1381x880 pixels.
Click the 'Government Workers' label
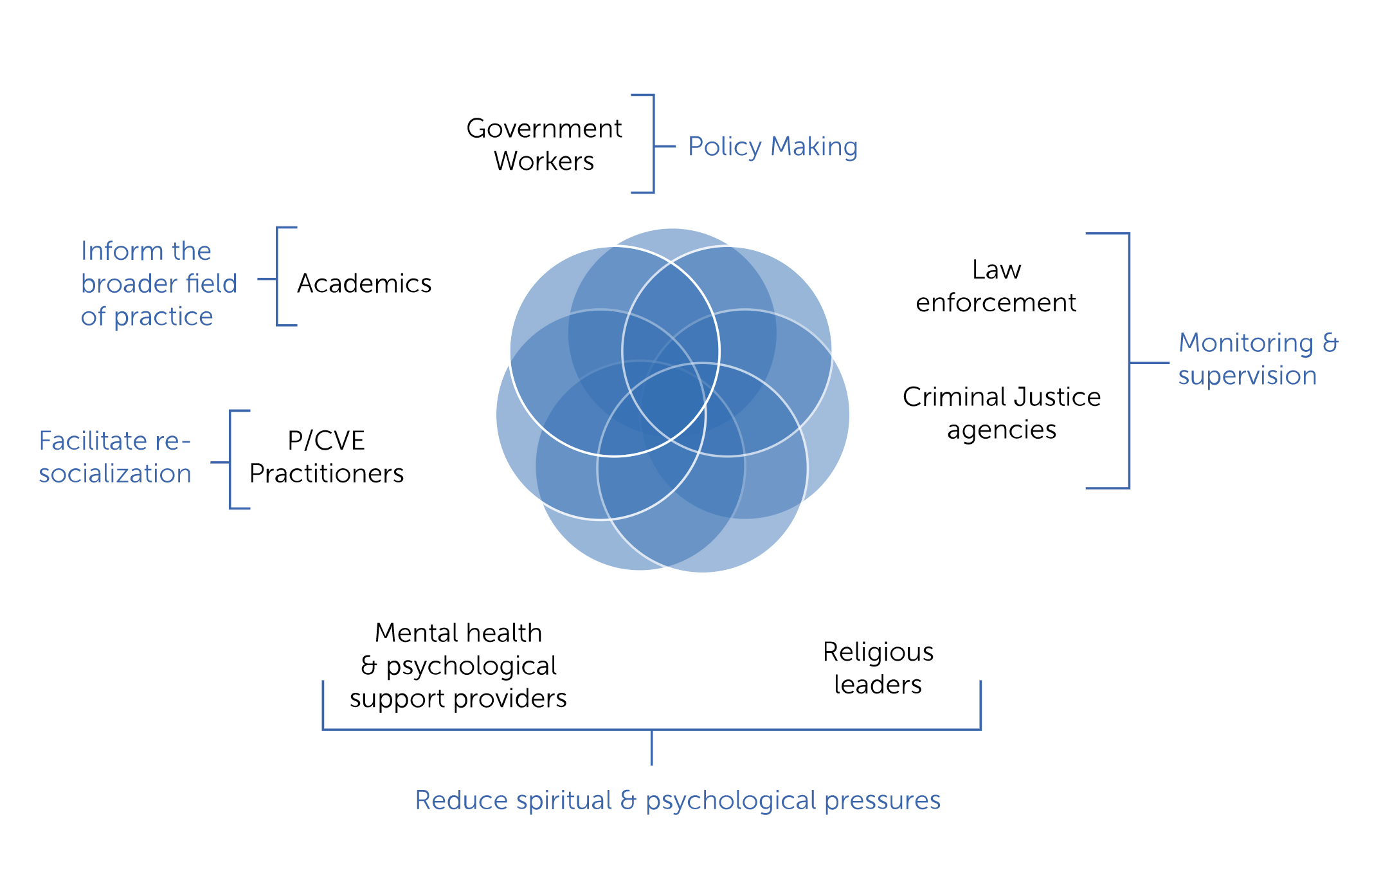(544, 145)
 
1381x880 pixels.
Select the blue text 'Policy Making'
(773, 147)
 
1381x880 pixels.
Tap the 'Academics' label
(364, 283)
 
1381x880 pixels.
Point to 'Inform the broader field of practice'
(159, 284)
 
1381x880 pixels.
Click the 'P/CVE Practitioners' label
(327, 457)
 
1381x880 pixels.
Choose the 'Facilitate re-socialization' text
(115, 457)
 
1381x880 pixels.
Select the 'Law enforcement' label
(996, 286)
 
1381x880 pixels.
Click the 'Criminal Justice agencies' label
(1002, 413)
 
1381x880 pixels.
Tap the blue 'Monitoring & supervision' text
(1259, 359)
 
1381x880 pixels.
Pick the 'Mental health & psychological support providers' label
(458, 666)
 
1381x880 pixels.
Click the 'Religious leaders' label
(878, 668)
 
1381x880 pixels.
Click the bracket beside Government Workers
(653, 144)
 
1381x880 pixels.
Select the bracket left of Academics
(278, 277)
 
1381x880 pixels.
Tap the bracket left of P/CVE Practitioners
(231, 460)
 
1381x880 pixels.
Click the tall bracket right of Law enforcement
(1129, 361)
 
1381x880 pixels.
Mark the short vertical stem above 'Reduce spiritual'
(652, 747)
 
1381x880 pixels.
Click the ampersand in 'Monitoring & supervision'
(1330, 343)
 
